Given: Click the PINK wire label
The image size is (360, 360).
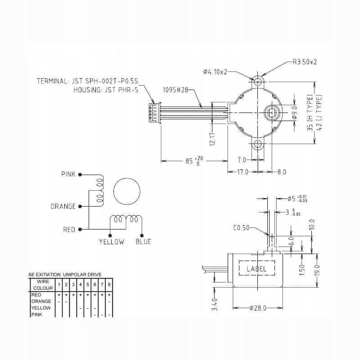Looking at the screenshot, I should tap(68, 174).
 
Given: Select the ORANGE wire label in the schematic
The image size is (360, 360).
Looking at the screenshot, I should tap(63, 207).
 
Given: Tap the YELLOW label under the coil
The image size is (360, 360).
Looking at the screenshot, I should tap(111, 242).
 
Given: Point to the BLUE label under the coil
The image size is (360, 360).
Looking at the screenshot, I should tap(144, 242).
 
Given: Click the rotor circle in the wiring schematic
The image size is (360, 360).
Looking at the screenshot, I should tap(127, 191).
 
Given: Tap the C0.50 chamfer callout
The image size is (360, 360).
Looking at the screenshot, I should tap(241, 228).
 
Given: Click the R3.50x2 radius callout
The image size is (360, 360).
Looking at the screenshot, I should tap(305, 62).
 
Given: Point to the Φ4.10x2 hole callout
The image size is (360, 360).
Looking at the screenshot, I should tap(216, 72).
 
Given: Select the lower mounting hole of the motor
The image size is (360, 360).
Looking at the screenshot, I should tap(258, 144).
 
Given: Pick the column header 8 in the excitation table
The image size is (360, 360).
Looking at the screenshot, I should tap(109, 285).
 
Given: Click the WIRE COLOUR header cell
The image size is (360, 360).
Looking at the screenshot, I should tap(43, 285).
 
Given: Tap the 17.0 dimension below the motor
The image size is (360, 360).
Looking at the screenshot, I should tap(243, 171).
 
